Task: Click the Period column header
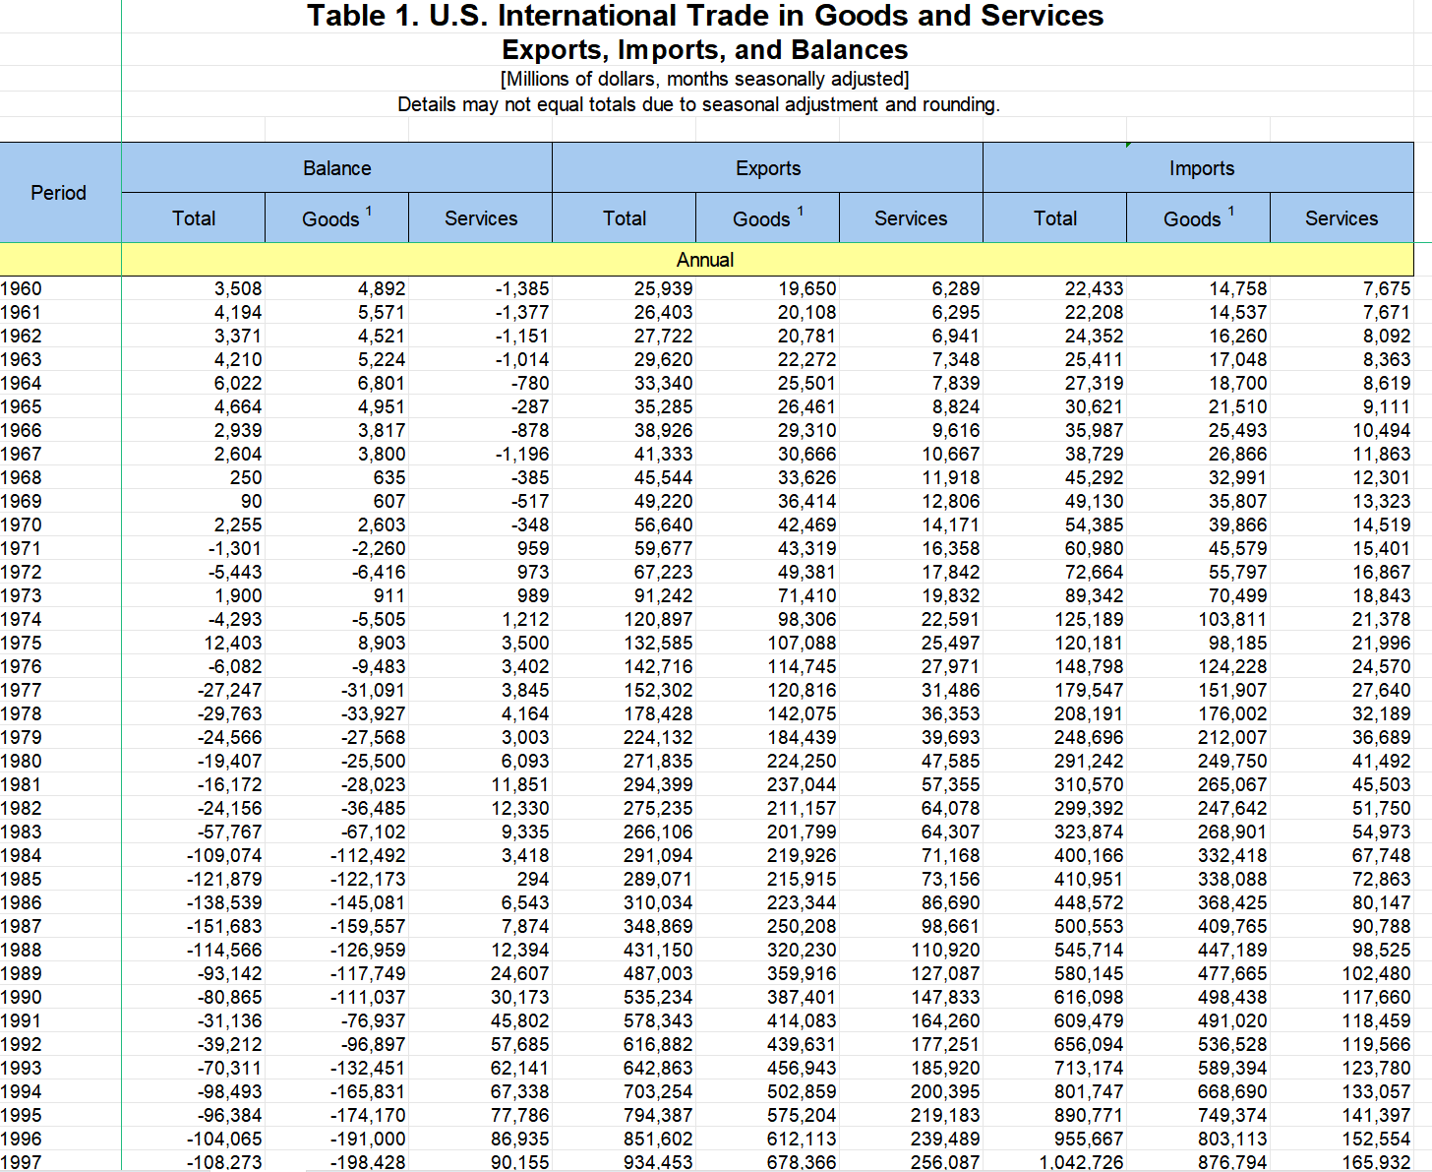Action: (59, 193)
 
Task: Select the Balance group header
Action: (336, 168)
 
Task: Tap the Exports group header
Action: (768, 168)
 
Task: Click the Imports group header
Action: (1201, 168)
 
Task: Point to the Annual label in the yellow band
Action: (705, 260)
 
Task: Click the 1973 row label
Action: (22, 595)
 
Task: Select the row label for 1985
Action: (22, 879)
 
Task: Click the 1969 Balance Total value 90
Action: (251, 501)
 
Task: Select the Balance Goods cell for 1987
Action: (368, 926)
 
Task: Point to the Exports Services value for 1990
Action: (945, 997)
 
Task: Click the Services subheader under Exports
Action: (911, 218)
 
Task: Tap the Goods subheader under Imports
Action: (1192, 218)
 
